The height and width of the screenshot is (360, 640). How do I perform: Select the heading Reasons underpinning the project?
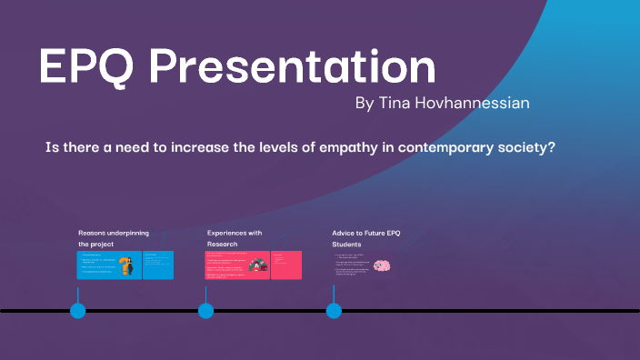[x=114, y=238]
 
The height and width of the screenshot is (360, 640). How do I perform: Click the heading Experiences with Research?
[x=235, y=238]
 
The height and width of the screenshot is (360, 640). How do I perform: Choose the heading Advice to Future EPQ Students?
[x=365, y=238]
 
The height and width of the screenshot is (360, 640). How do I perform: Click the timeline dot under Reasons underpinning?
[x=78, y=311]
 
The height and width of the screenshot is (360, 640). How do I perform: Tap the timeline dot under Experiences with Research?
[x=206, y=311]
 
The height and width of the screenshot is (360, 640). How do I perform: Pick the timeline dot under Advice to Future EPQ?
[x=334, y=311]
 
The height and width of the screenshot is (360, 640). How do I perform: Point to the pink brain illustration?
[x=383, y=265]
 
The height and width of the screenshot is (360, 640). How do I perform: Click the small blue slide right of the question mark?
[x=158, y=265]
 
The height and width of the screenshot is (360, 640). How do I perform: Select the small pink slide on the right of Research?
[x=286, y=265]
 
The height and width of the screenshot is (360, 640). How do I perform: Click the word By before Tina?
[x=365, y=104]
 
